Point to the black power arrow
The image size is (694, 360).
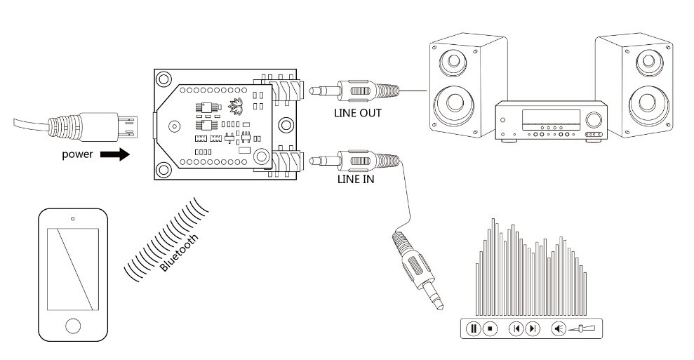click(x=115, y=154)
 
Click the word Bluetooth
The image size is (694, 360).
click(x=179, y=253)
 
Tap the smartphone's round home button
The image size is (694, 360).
click(x=73, y=325)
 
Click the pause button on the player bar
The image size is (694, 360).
click(x=474, y=328)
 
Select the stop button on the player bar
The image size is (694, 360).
click(x=491, y=328)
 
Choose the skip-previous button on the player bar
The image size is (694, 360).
click(x=516, y=328)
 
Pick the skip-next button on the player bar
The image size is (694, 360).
click(x=533, y=328)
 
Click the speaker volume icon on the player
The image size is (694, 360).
click(x=559, y=328)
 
